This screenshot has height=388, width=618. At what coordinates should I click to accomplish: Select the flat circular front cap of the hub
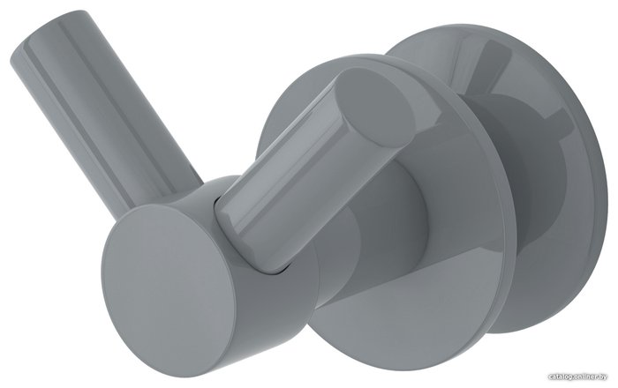tap(166, 279)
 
